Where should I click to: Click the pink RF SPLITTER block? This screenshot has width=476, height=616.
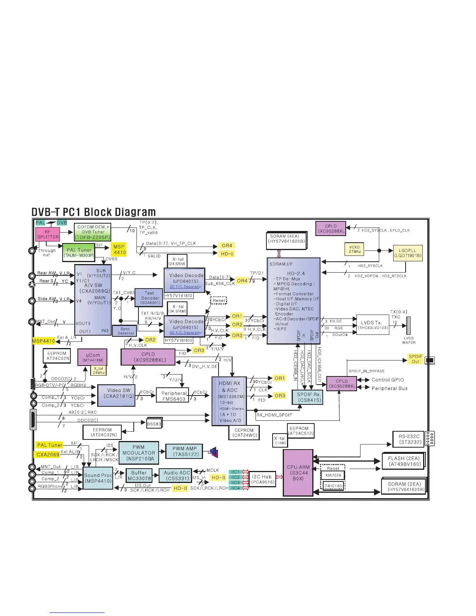click(x=48, y=234)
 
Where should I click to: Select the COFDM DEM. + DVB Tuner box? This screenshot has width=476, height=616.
click(x=93, y=232)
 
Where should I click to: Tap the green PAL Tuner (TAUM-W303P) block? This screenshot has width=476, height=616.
click(x=79, y=252)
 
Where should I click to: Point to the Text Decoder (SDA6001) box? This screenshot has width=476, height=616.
click(x=150, y=297)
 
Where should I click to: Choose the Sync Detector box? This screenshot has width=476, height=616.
click(x=126, y=331)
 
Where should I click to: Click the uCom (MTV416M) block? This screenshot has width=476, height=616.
click(x=93, y=357)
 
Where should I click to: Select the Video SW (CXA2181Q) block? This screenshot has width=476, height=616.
click(x=116, y=395)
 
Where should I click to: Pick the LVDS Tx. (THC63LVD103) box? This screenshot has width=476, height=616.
click(x=372, y=325)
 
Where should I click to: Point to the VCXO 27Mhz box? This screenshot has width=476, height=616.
click(x=354, y=249)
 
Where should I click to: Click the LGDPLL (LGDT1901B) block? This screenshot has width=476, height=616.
click(x=408, y=253)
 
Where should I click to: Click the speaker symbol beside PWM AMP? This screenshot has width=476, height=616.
click(x=213, y=453)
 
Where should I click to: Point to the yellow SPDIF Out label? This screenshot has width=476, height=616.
click(x=415, y=359)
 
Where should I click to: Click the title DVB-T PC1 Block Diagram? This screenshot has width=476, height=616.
click(x=93, y=212)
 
